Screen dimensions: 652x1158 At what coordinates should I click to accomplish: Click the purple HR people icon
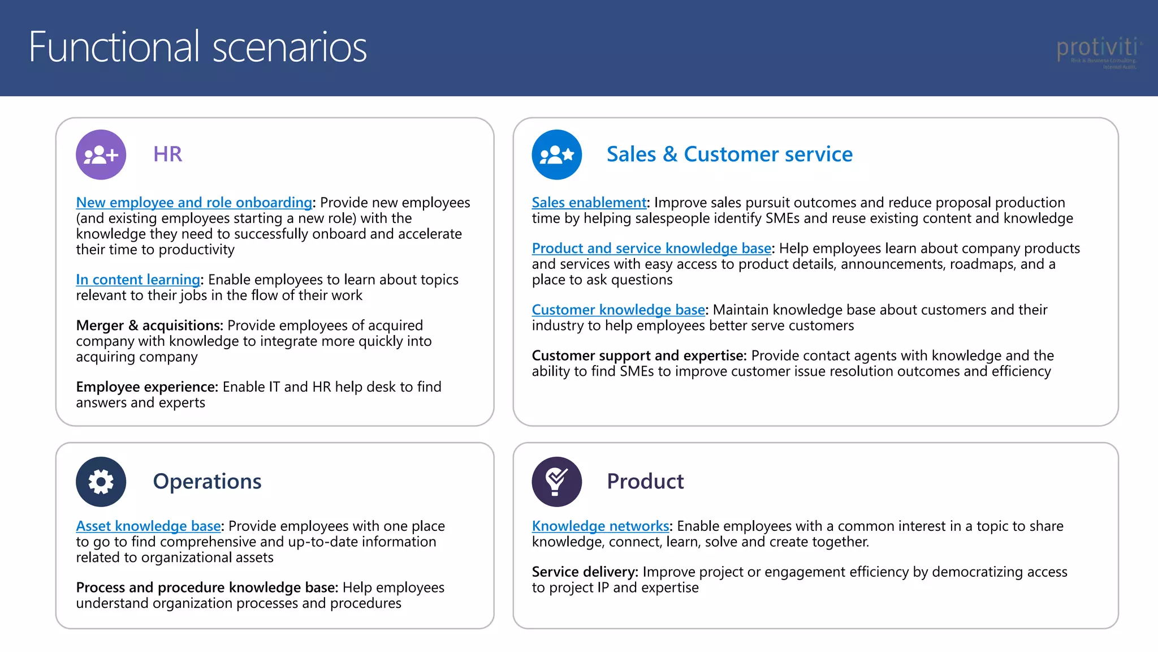pyautogui.click(x=101, y=155)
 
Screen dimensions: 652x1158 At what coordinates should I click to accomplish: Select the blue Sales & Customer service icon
pyautogui.click(x=557, y=155)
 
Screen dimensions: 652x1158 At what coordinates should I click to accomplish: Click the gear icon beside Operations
pyautogui.click(x=101, y=482)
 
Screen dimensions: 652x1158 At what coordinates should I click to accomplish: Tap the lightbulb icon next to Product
pyautogui.click(x=557, y=482)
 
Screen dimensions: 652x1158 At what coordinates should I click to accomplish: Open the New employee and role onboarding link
pyautogui.click(x=194, y=203)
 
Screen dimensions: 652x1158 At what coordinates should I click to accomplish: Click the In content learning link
pyautogui.click(x=138, y=280)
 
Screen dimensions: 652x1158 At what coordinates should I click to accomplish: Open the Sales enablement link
pyautogui.click(x=589, y=203)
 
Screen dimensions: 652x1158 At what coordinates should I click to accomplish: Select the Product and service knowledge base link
pyautogui.click(x=651, y=248)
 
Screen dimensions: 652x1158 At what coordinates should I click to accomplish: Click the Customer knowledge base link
pyautogui.click(x=618, y=310)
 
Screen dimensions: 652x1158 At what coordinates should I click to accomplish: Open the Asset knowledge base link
pyautogui.click(x=148, y=526)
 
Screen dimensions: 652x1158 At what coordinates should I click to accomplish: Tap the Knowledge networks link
pyautogui.click(x=600, y=526)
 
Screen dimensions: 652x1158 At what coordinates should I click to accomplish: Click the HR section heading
pyautogui.click(x=167, y=155)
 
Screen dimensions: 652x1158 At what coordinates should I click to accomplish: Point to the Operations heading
pyautogui.click(x=207, y=482)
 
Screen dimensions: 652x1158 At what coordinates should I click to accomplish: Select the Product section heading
pyautogui.click(x=645, y=482)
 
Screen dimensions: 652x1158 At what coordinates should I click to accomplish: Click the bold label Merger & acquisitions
pyautogui.click(x=149, y=326)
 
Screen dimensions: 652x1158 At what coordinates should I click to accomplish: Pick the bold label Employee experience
pyautogui.click(x=147, y=387)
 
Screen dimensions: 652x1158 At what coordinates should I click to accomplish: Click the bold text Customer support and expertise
pyautogui.click(x=639, y=356)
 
